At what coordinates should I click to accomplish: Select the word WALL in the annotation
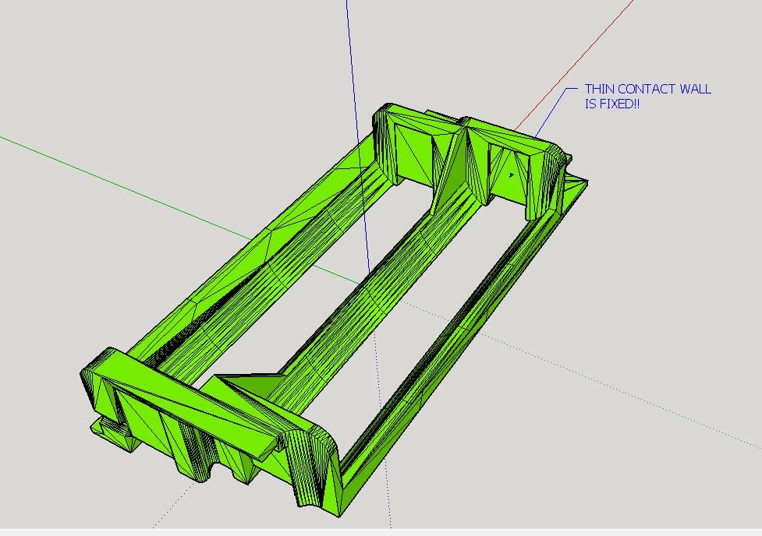[696, 89]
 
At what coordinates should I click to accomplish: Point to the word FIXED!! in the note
[618, 104]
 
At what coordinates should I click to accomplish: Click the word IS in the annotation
[590, 104]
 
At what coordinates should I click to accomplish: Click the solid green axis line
[126, 188]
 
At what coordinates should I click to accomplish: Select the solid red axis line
[573, 65]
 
